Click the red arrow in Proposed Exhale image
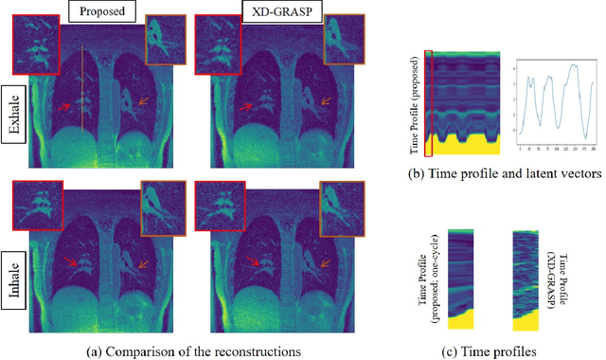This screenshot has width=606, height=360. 64,107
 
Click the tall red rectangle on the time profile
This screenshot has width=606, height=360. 432,104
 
